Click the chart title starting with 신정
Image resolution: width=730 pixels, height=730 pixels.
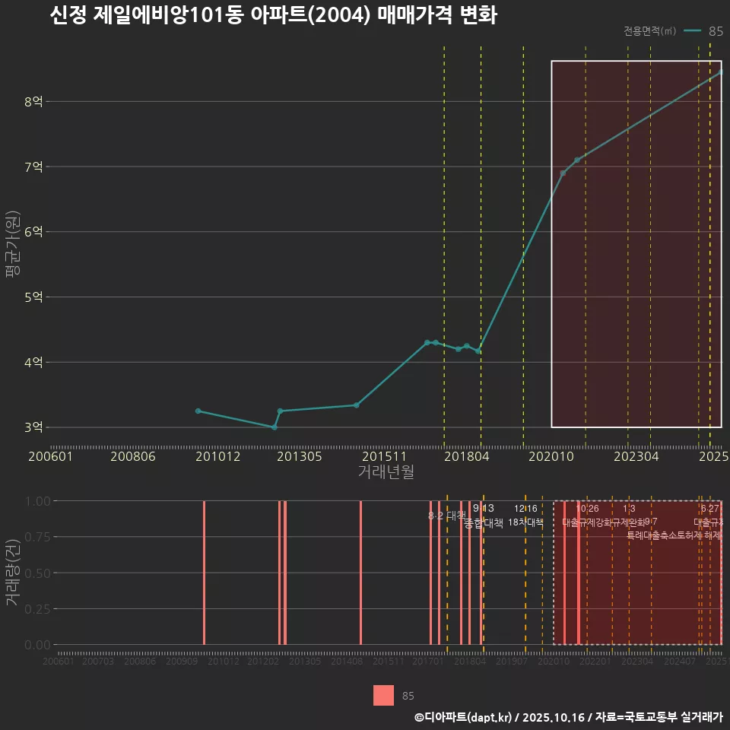point(273,16)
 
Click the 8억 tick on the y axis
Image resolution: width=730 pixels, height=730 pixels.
point(33,101)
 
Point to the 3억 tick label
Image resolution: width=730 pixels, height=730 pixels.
point(33,427)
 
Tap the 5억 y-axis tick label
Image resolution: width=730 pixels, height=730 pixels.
point(33,297)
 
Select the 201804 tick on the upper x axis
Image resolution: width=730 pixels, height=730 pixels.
point(466,456)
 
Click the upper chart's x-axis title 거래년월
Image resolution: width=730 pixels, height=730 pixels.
point(386,471)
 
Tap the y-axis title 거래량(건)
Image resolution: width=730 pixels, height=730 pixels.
point(12,573)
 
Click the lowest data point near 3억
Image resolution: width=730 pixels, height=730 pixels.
point(275,427)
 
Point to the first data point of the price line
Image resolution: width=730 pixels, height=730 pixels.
point(198,411)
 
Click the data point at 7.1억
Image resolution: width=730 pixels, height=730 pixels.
point(577,160)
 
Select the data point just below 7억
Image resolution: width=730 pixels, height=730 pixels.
point(563,173)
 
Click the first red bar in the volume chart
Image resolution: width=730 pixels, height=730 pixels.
point(204,573)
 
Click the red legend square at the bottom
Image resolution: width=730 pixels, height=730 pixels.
point(384,695)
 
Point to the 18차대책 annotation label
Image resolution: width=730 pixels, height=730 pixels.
point(525,522)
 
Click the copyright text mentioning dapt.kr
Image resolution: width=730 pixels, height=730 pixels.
point(568,717)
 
